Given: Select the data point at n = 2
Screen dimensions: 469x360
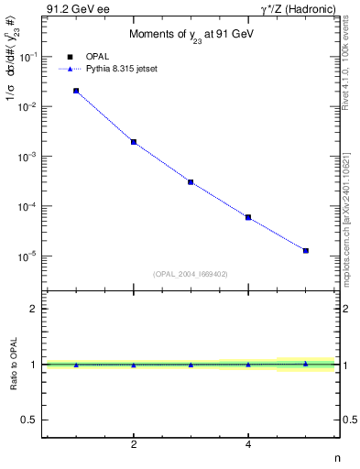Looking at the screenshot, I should point(134,142).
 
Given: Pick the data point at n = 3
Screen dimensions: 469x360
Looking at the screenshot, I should point(191,182).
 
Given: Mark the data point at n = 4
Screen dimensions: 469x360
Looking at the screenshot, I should point(248,217).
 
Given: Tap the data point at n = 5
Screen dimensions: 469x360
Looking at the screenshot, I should point(306,250).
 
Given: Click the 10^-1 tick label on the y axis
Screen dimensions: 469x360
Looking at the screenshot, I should point(28,57).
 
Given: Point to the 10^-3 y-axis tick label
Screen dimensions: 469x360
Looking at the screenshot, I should point(28,157).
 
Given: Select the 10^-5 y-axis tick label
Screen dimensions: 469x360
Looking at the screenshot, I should point(28,256).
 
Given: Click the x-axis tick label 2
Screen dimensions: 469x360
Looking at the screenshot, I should point(134,445).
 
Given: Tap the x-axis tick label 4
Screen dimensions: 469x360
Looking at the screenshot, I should point(248,445).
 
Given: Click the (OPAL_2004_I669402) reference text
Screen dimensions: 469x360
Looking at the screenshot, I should point(191,273).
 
